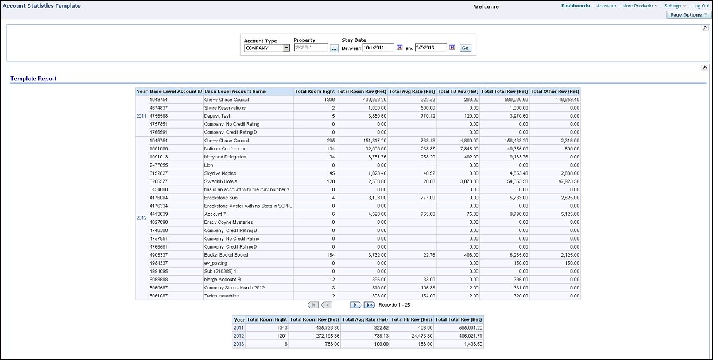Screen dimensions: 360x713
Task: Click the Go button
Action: coord(465,48)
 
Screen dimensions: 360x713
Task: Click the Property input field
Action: coord(311,48)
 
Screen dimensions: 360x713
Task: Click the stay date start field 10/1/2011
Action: coord(378,48)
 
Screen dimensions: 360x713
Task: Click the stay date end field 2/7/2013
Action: coord(431,48)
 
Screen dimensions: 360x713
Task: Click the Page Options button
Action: coord(688,15)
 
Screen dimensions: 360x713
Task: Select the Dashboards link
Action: coord(575,6)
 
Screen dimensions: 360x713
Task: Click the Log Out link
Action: coord(700,6)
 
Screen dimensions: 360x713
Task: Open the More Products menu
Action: coord(637,6)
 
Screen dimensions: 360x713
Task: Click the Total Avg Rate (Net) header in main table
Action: coord(412,91)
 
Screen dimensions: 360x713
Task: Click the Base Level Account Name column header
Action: coord(235,91)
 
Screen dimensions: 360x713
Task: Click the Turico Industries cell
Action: coord(221,296)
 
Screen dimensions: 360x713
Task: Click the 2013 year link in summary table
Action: coord(238,344)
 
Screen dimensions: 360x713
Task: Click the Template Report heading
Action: coord(33,79)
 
